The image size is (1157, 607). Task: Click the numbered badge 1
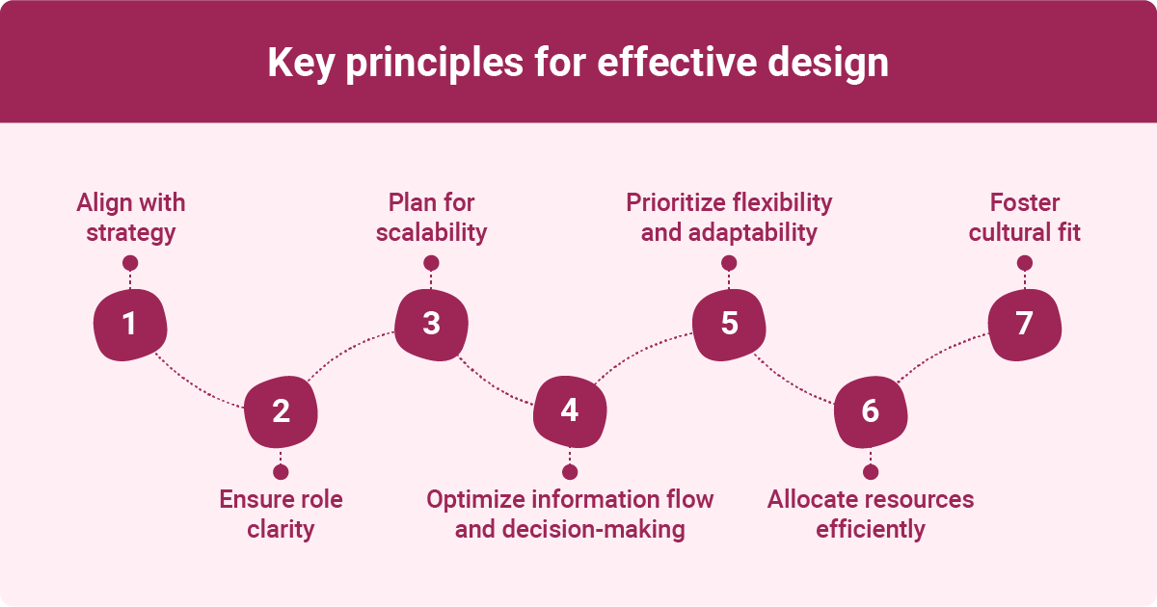130,325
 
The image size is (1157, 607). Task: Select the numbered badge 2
281,412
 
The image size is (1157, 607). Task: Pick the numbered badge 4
570,412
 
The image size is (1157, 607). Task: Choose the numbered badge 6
871,412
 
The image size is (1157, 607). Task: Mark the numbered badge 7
1024,325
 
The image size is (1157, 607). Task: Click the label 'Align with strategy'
130,218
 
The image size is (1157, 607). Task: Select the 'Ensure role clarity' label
281,515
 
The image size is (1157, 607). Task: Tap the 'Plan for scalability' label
432,218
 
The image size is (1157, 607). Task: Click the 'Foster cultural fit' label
1024,218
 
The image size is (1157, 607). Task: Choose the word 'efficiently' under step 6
871,530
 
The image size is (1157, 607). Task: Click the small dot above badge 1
130,263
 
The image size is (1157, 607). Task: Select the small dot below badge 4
570,472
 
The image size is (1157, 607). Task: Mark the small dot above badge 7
1024,263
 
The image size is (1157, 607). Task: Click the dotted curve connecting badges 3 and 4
497,389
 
